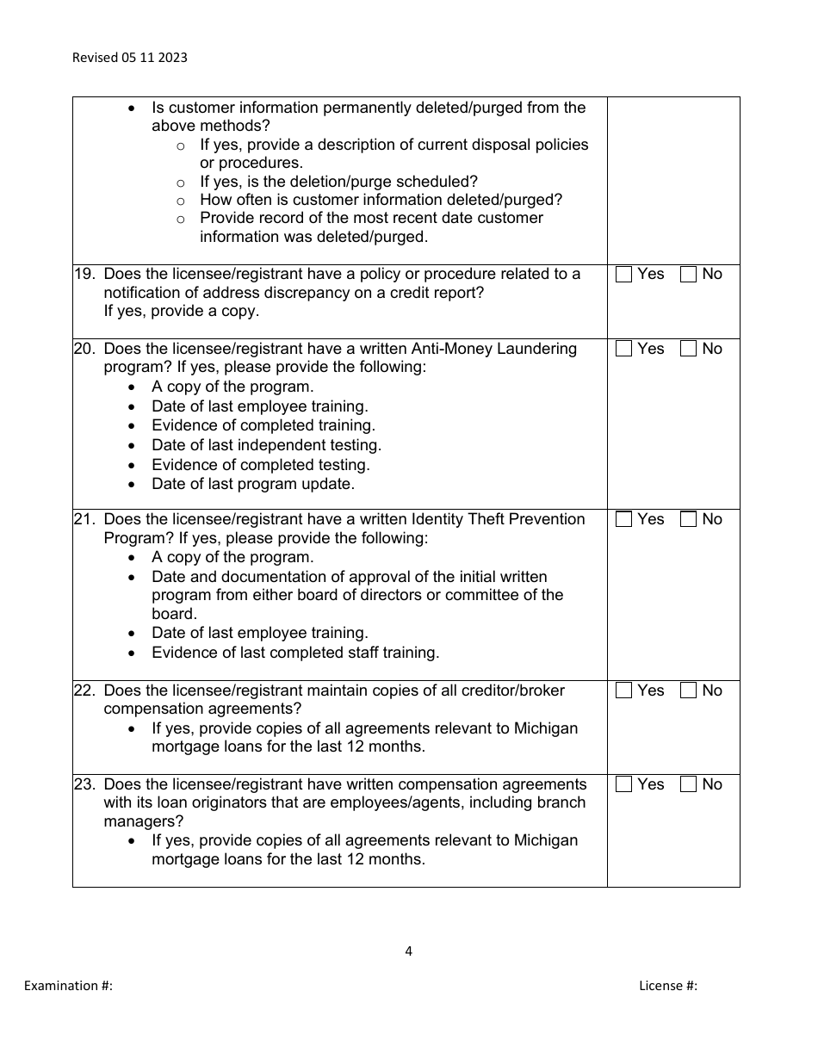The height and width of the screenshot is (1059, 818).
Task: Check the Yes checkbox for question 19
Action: pyautogui.click(x=624, y=275)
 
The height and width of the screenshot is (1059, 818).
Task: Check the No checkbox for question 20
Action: pyautogui.click(x=688, y=350)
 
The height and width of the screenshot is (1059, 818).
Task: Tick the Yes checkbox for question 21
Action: pyautogui.click(x=624, y=520)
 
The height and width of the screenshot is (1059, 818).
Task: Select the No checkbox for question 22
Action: pyautogui.click(x=688, y=691)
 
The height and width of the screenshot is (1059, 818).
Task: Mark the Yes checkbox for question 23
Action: pyautogui.click(x=624, y=785)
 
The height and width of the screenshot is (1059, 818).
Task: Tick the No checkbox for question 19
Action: pyautogui.click(x=688, y=275)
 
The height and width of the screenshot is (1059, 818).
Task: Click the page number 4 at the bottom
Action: pyautogui.click(x=408, y=951)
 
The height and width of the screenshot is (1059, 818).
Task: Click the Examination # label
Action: pyautogui.click(x=68, y=986)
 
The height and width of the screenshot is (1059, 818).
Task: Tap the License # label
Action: pyautogui.click(x=668, y=986)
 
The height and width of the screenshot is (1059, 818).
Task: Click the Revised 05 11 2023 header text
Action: pyautogui.click(x=129, y=58)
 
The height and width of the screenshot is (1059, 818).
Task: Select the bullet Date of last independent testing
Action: pyautogui.click(x=266, y=445)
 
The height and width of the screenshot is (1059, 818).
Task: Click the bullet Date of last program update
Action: pyautogui.click(x=253, y=484)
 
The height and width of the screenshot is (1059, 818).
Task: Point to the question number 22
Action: pyautogui.click(x=84, y=691)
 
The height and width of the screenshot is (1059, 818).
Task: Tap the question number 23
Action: pyautogui.click(x=84, y=784)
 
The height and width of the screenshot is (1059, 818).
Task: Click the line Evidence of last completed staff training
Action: pyautogui.click(x=295, y=653)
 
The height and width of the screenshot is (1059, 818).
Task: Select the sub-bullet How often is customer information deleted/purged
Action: pyautogui.click(x=381, y=200)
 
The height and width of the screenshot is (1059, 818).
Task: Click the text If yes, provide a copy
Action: pyautogui.click(x=181, y=312)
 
